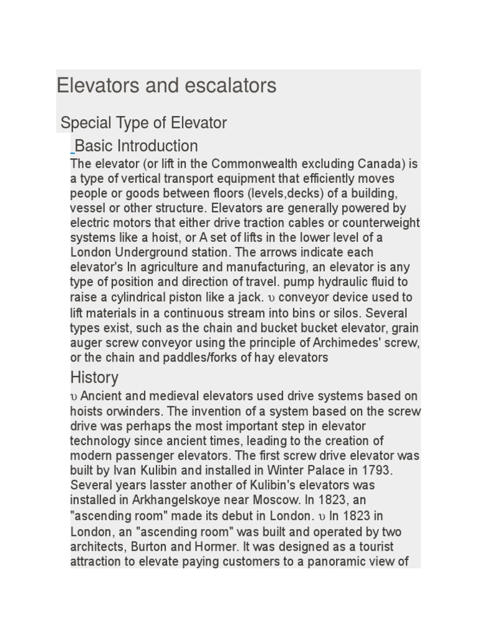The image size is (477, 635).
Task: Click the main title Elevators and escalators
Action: pos(166,86)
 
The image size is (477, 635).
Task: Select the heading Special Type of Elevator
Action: pos(143,123)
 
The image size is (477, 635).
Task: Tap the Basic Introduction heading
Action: pos(136,146)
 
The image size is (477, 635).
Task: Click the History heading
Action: pos(94,377)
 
